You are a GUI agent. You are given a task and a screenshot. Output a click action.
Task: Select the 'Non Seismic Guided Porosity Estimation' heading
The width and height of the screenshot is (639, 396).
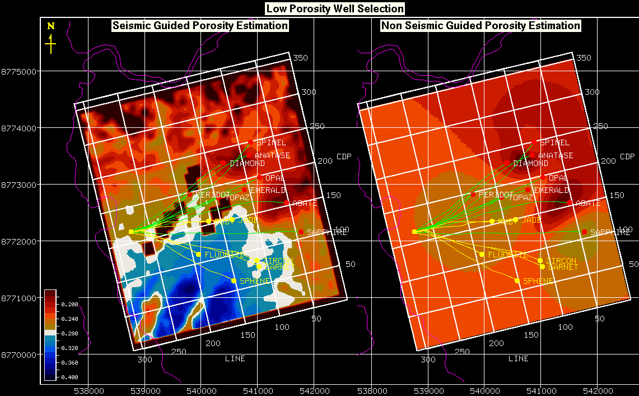coord(481,26)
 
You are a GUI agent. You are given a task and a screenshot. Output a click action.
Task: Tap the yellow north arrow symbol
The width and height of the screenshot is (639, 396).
coord(51,43)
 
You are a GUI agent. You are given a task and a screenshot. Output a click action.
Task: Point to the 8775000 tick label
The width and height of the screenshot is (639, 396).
coord(19,72)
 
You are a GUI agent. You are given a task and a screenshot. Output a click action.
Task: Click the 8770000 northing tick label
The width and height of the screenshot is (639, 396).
coord(19,354)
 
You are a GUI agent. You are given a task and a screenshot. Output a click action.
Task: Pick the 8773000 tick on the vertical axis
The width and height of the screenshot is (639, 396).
coord(19,185)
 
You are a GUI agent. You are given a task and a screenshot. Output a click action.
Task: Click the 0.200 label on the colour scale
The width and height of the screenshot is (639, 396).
coord(70,304)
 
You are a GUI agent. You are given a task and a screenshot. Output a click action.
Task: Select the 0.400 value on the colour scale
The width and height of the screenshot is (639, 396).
coord(70,377)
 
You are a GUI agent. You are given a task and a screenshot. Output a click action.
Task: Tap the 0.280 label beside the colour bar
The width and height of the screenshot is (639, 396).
coord(70,333)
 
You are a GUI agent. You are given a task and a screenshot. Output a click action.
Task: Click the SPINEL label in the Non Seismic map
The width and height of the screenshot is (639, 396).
coord(554,143)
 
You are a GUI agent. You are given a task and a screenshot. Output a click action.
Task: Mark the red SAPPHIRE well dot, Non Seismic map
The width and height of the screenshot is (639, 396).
coord(584,232)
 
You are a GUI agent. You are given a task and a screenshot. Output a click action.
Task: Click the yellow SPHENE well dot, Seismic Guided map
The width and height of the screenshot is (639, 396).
coord(234,280)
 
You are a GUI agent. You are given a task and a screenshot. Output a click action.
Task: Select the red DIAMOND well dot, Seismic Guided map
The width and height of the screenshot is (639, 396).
coord(223,163)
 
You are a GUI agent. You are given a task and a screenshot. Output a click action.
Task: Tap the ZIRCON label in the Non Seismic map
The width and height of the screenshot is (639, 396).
coord(562,261)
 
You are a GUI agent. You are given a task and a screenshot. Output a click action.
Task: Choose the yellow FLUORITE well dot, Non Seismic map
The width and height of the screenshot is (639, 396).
coord(482,255)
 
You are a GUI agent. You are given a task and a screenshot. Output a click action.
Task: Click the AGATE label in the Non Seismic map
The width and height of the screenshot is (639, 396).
coord(587,203)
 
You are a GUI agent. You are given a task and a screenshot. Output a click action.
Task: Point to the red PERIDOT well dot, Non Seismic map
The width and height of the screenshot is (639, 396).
coord(473,195)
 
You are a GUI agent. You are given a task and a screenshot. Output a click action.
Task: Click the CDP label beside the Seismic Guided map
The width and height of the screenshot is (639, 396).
coord(343,156)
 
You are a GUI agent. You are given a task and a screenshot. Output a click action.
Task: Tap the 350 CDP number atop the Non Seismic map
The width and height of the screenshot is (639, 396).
coord(584,58)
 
